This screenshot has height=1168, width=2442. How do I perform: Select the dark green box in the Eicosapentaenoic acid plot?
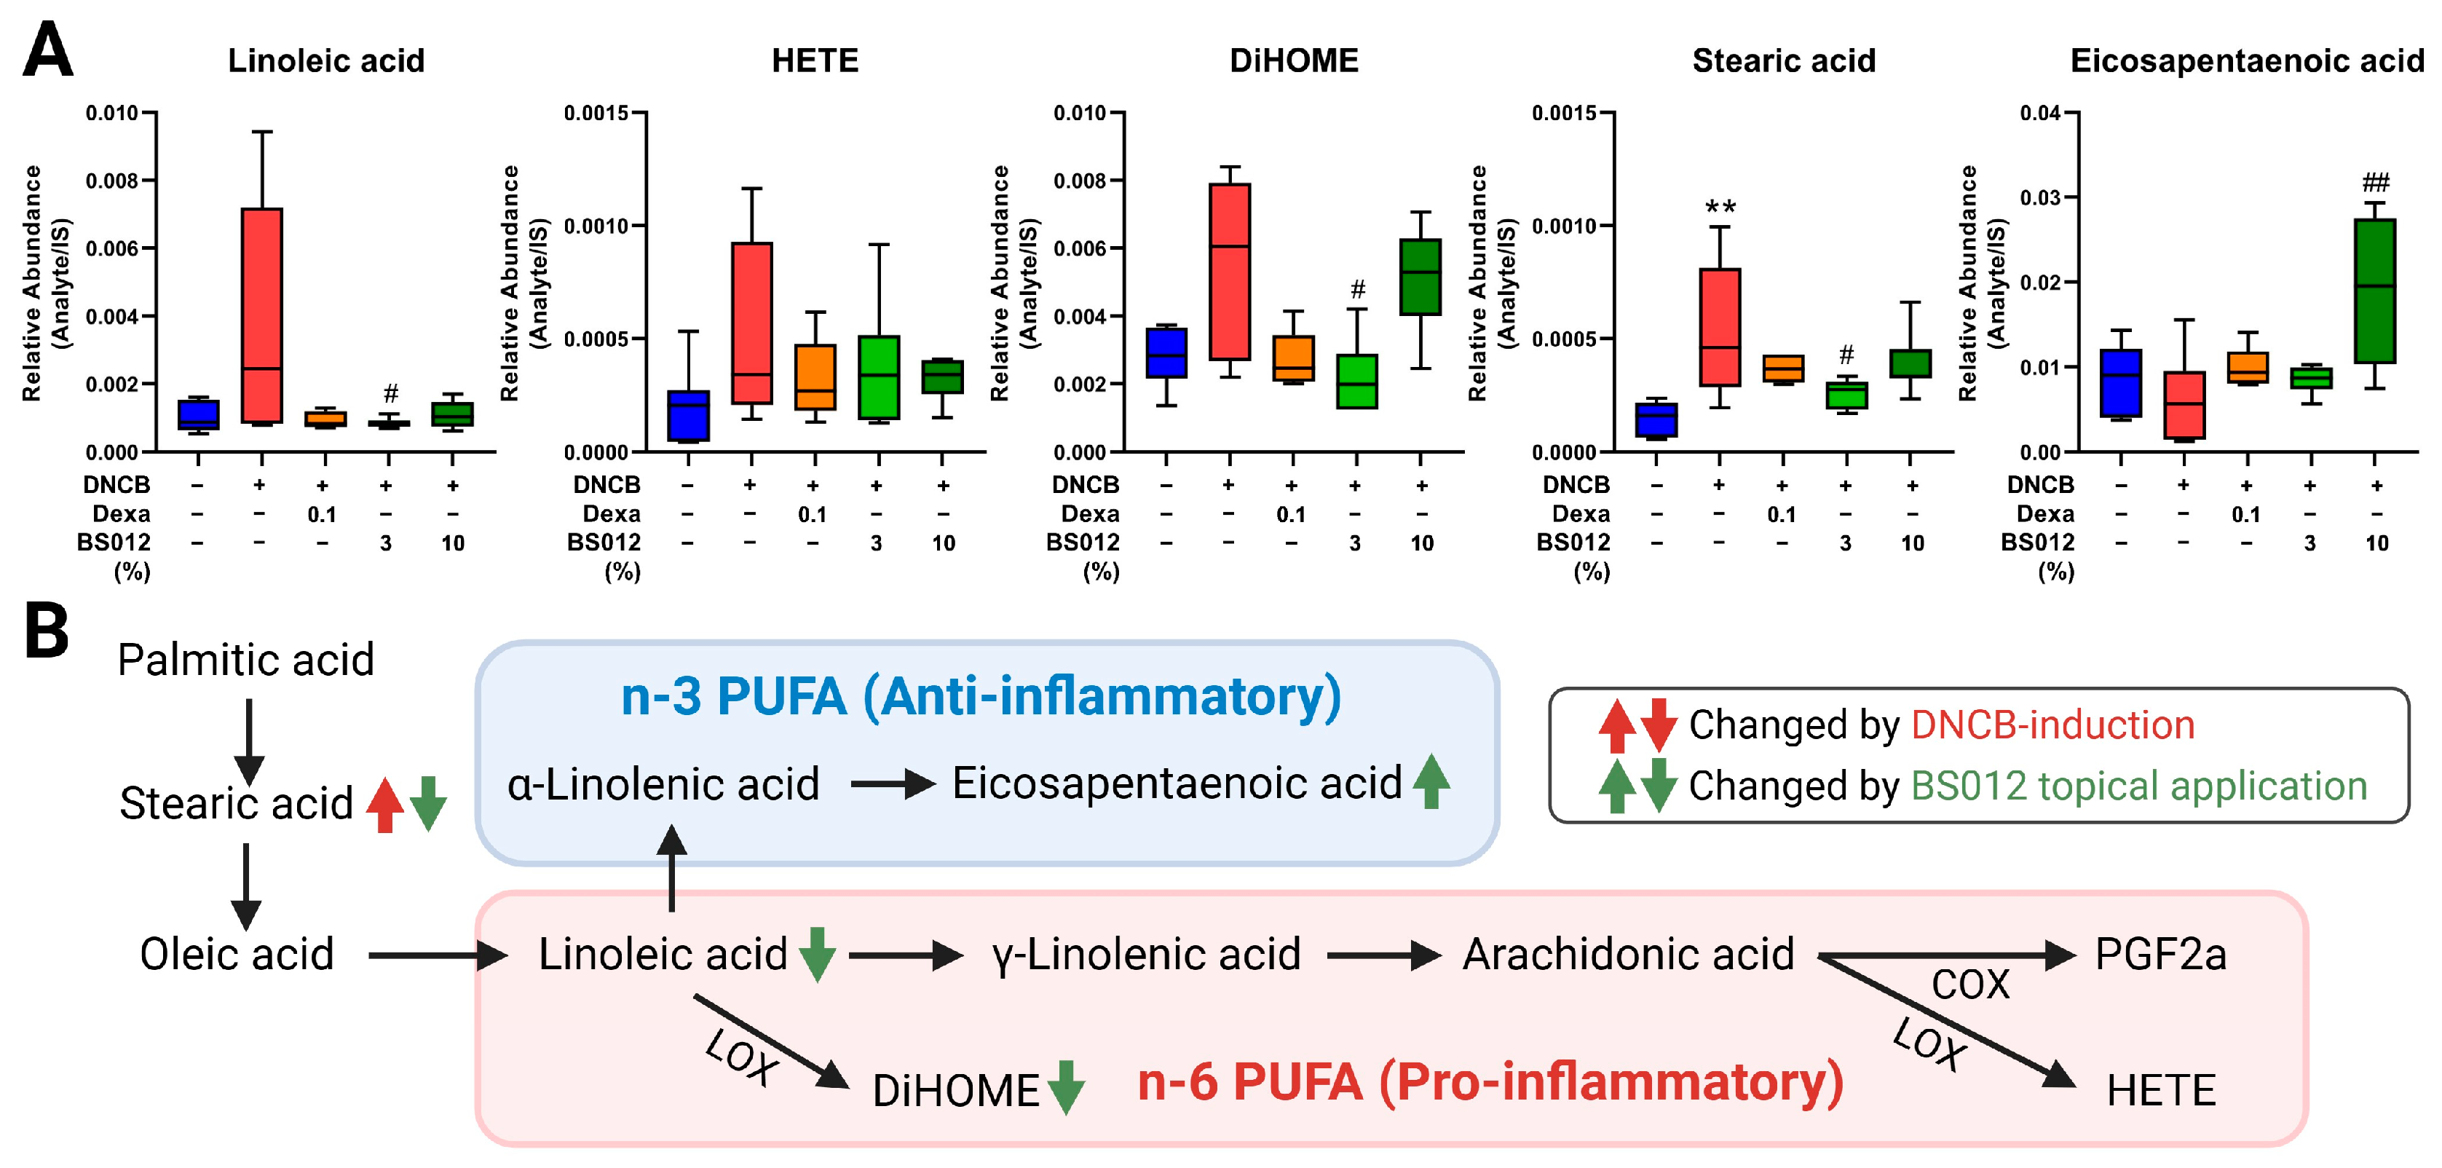click(2375, 291)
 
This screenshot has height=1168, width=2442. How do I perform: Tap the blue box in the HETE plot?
click(688, 415)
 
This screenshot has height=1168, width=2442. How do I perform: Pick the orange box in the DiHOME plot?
click(1293, 358)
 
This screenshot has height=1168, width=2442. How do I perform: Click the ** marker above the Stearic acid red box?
click(1720, 207)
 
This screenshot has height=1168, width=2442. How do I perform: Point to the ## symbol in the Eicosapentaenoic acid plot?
click(2376, 181)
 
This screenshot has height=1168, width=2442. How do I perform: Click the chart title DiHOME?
click(1293, 60)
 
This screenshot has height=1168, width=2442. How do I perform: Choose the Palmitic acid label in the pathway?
click(245, 660)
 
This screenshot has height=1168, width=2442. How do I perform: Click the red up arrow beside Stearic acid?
click(385, 805)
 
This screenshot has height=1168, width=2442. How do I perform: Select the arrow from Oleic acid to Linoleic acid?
click(437, 955)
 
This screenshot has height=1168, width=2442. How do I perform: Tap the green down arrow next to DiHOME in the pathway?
click(1067, 1087)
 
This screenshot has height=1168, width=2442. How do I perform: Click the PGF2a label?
click(2160, 954)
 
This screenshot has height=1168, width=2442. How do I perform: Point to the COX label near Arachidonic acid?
click(1970, 985)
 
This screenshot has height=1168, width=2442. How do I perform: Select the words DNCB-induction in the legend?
click(2052, 725)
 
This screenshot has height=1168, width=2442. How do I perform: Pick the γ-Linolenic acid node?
click(1146, 955)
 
